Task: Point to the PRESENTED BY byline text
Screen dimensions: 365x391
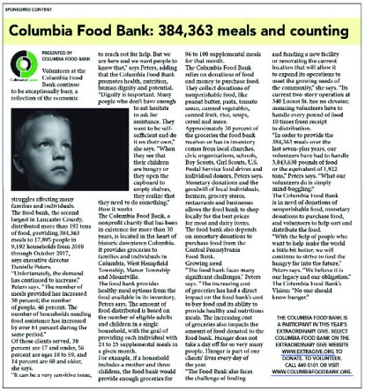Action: coord(56,52)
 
